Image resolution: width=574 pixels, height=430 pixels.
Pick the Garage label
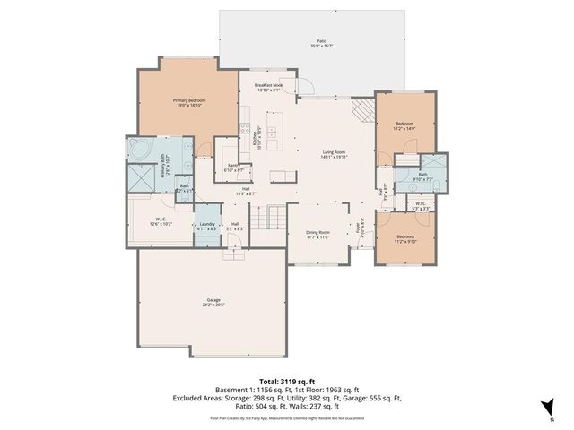click(x=213, y=302)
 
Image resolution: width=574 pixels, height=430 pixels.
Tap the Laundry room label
click(x=206, y=227)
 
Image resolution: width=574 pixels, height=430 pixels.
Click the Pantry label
click(x=232, y=168)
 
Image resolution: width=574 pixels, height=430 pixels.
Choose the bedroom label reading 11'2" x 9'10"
click(x=406, y=239)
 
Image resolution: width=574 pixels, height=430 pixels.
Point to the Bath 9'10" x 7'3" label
click(x=422, y=176)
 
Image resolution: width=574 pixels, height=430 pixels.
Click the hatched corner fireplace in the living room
click(x=361, y=109)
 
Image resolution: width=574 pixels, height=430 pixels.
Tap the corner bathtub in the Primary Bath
click(x=139, y=149)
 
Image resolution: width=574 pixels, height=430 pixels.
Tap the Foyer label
click(x=361, y=225)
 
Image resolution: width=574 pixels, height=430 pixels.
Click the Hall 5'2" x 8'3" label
click(x=235, y=227)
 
